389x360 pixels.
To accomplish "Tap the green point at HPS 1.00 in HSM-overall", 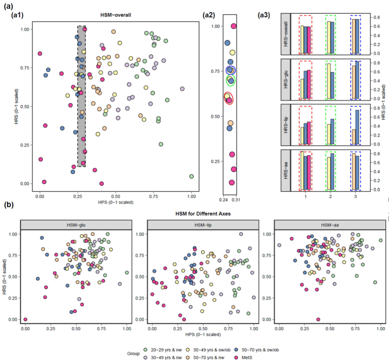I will point(192,176).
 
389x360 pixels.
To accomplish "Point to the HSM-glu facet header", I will point(76,225).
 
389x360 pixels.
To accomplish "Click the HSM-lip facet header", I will point(203,225).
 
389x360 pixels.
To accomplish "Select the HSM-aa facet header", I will point(330,225).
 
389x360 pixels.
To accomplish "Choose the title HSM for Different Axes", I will point(203,214).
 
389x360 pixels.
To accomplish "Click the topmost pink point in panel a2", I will point(234,26).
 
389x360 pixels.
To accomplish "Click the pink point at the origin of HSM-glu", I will point(26,319).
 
